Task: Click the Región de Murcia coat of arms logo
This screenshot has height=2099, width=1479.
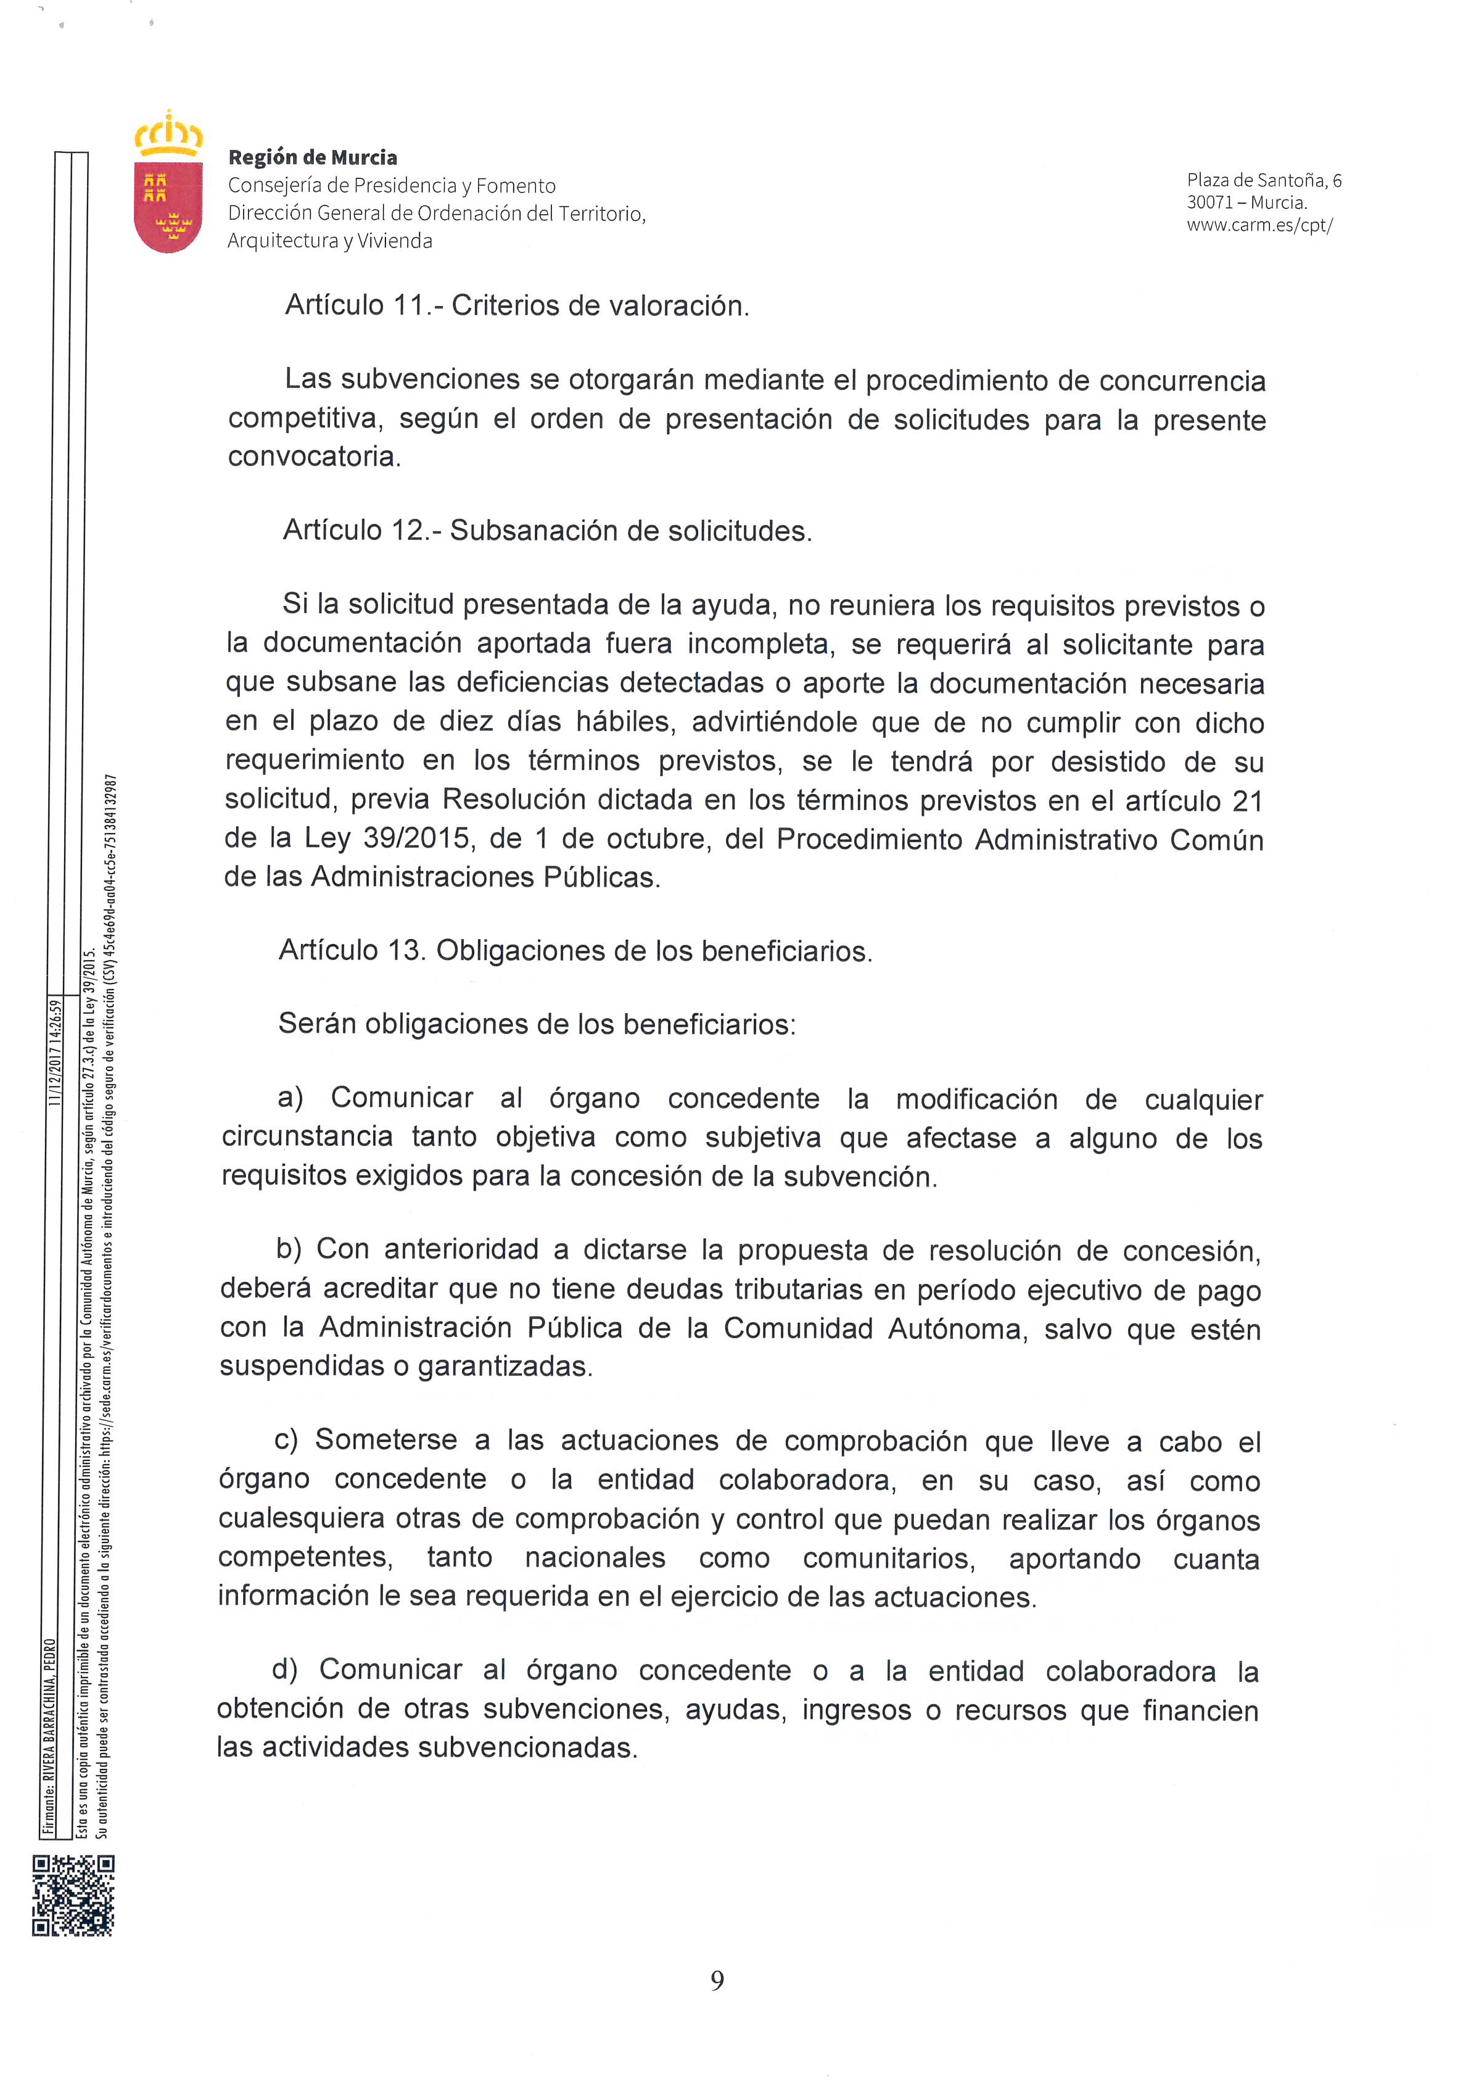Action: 168,186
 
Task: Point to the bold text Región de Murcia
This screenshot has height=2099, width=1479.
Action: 313,157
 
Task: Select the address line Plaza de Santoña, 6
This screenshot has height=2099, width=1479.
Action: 1264,180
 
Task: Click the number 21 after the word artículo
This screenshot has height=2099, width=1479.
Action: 1247,801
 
